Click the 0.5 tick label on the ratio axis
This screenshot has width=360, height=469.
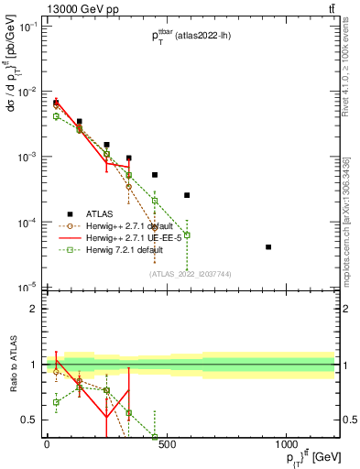(x=31, y=420)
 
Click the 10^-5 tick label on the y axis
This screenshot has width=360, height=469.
(x=27, y=288)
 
